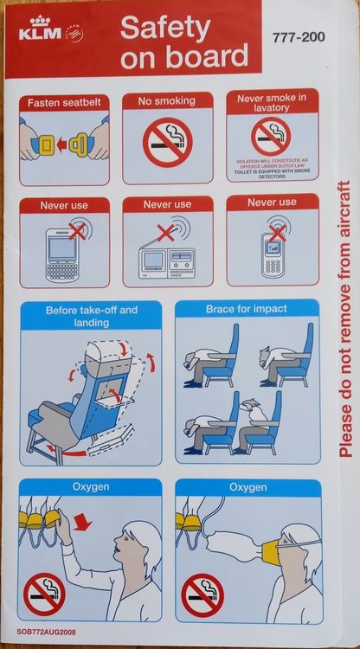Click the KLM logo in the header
(42, 31)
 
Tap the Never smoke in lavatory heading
(272, 104)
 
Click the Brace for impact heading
(246, 309)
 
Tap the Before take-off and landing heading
(91, 316)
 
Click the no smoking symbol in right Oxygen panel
(201, 595)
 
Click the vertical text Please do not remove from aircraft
(344, 318)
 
